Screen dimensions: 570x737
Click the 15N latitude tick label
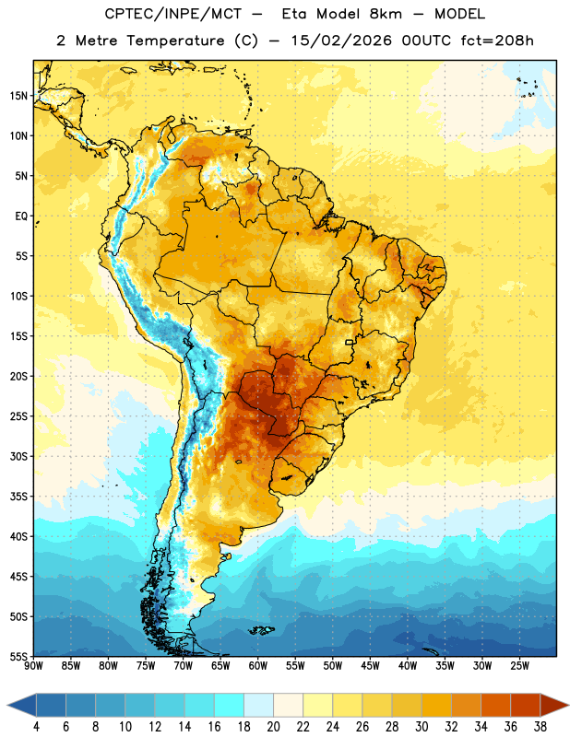[x=18, y=96]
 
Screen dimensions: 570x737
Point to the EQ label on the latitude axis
[x=21, y=216]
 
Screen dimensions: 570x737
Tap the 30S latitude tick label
[x=18, y=457]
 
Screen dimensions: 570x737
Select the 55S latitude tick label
[x=18, y=657]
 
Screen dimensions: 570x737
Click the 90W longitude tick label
[x=33, y=666]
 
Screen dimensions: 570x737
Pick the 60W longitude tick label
[x=258, y=666]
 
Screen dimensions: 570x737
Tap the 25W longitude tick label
[x=519, y=666]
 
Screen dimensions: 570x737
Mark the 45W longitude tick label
[x=370, y=666]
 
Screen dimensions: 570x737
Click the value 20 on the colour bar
[x=273, y=727]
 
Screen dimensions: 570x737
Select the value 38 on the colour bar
[x=540, y=727]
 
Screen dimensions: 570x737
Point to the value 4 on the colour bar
[x=36, y=727]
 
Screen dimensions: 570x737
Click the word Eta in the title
[x=294, y=14]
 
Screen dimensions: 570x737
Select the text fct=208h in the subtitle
[x=497, y=41]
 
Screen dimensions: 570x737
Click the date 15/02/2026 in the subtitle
[x=341, y=41]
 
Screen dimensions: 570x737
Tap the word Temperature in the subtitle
[x=175, y=41]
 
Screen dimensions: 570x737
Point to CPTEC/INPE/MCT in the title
[x=173, y=14]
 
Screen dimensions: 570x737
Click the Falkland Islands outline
[x=261, y=630]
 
